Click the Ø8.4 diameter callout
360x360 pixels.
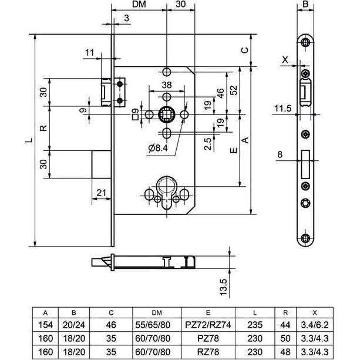pos(158,148)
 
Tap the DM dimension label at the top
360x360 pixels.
pos(139,4)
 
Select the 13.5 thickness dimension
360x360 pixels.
pos(223,287)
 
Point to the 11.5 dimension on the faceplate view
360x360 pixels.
pos(283,108)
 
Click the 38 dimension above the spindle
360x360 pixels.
pos(167,85)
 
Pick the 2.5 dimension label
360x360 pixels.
pos(208,144)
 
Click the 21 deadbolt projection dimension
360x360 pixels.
pos(101,193)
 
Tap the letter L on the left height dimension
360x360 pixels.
pos(29,140)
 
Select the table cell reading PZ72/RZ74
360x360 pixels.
pos(208,325)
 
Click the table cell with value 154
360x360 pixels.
pos(45,325)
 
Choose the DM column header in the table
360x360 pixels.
pos(157,312)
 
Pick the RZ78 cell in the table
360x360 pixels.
pos(208,352)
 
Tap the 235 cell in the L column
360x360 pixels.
pos(255,325)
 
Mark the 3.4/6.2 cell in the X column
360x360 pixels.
pos(315,325)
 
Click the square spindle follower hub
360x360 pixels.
pos(167,115)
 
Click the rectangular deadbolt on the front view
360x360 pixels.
pos(101,164)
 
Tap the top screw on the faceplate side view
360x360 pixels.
pos(305,42)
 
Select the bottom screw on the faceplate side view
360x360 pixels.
pos(305,238)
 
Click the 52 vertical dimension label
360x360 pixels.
pos(234,90)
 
